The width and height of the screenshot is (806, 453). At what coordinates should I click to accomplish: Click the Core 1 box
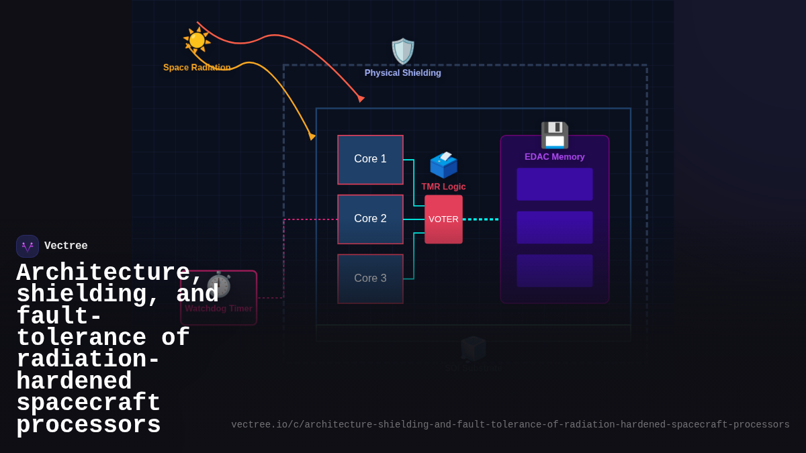click(370, 160)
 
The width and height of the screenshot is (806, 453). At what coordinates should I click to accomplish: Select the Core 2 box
click(370, 219)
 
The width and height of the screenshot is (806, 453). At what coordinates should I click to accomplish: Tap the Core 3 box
click(370, 279)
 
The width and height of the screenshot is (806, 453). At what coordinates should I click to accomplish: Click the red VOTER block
click(443, 219)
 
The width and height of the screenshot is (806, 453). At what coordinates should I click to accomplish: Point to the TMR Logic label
click(443, 187)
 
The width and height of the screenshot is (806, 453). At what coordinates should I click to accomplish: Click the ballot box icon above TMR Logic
click(443, 164)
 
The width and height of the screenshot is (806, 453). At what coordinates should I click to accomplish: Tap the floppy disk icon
click(555, 135)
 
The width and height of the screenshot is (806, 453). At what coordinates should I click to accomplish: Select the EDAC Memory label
click(555, 157)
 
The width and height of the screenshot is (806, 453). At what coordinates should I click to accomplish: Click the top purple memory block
click(555, 184)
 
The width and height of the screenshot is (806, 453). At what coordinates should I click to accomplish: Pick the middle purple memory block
click(555, 228)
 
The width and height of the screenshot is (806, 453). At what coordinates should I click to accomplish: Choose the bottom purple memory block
click(555, 270)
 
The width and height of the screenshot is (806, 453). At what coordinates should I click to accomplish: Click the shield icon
click(403, 52)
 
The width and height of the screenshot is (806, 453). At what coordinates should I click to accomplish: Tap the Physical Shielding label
click(403, 73)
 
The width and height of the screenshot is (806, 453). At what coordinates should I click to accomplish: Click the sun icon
click(197, 40)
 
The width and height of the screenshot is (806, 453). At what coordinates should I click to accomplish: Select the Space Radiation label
click(197, 68)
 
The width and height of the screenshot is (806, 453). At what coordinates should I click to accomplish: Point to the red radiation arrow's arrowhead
click(361, 98)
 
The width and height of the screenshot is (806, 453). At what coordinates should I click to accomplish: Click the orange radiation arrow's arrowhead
click(312, 136)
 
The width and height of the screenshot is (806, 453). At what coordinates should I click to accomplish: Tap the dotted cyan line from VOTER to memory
click(481, 219)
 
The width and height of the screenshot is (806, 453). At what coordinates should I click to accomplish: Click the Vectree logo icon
click(28, 246)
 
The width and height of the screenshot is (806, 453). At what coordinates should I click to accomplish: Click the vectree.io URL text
click(510, 425)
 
